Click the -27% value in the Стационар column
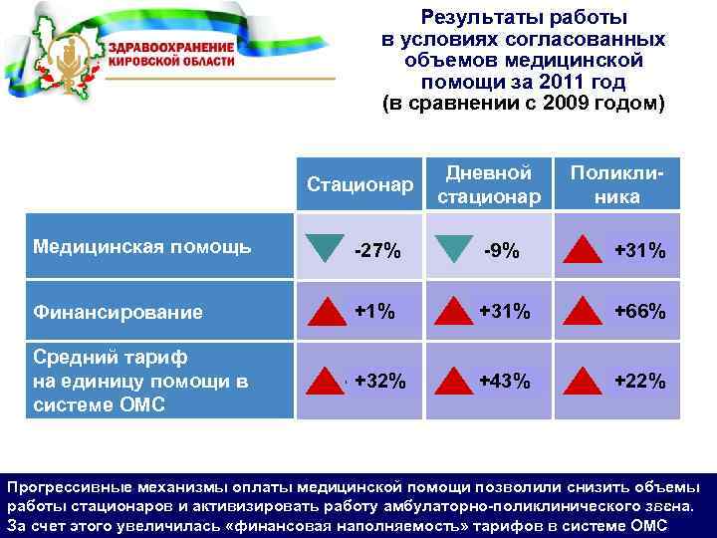pyautogui.click(x=377, y=251)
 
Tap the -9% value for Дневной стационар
pyautogui.click(x=502, y=251)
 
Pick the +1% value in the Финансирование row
pyautogui.click(x=374, y=312)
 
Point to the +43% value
pyautogui.click(x=503, y=381)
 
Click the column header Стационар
pyautogui.click(x=359, y=184)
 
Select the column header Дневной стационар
pyautogui.click(x=489, y=184)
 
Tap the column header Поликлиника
pyautogui.click(x=617, y=184)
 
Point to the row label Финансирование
pyautogui.click(x=118, y=312)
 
